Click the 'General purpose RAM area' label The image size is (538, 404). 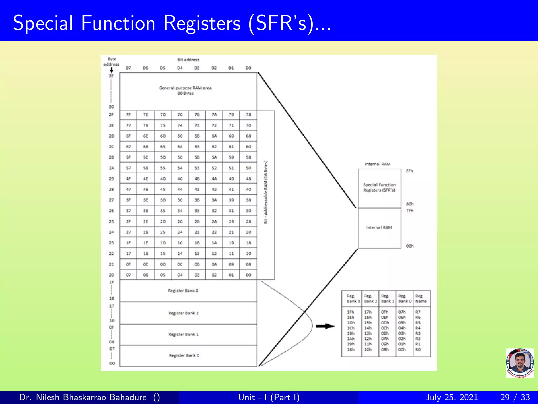coord(185,88)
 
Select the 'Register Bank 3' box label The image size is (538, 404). coord(183,291)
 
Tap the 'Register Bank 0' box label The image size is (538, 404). coord(184,356)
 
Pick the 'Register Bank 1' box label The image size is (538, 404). coord(183,335)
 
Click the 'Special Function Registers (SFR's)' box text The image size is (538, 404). coord(379,188)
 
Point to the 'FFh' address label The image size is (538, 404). coord(409,171)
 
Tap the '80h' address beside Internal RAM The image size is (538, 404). coord(410,204)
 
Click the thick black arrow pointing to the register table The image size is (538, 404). coord(325,326)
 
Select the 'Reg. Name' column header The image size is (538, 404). coord(421,299)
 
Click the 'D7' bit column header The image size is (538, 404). coord(128,68)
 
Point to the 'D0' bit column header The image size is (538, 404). coord(248,68)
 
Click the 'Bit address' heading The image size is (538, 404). coord(188,60)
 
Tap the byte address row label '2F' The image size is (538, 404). coord(111,115)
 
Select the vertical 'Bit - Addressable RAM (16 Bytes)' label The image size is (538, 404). coord(266,192)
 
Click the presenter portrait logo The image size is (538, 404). coord(520,363)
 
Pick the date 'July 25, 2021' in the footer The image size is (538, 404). coord(451,397)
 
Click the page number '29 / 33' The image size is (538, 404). coord(515,397)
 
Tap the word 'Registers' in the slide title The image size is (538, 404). coord(202,23)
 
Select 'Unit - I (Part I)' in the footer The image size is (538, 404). coord(269,397)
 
